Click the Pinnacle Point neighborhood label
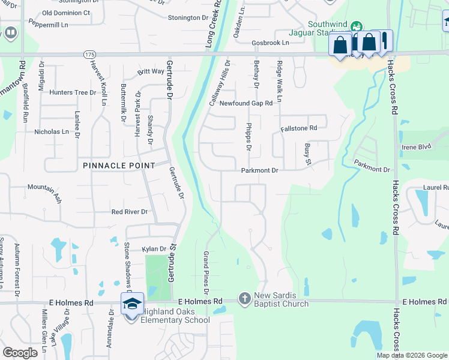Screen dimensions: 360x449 (x=119, y=165)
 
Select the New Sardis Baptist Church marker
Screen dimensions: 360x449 (x=244, y=298)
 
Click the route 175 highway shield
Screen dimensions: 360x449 (x=89, y=54)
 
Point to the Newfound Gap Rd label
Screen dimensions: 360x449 (x=246, y=103)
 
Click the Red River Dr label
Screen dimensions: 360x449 (x=130, y=212)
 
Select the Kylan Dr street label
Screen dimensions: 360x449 (x=154, y=248)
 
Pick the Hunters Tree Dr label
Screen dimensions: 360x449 (x=73, y=92)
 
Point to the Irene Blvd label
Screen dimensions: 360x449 (x=417, y=146)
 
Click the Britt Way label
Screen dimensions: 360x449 (x=151, y=71)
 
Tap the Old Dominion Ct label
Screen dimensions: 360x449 (x=67, y=12)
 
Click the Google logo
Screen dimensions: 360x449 (x=20, y=353)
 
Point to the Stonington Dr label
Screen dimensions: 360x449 (x=191, y=18)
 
